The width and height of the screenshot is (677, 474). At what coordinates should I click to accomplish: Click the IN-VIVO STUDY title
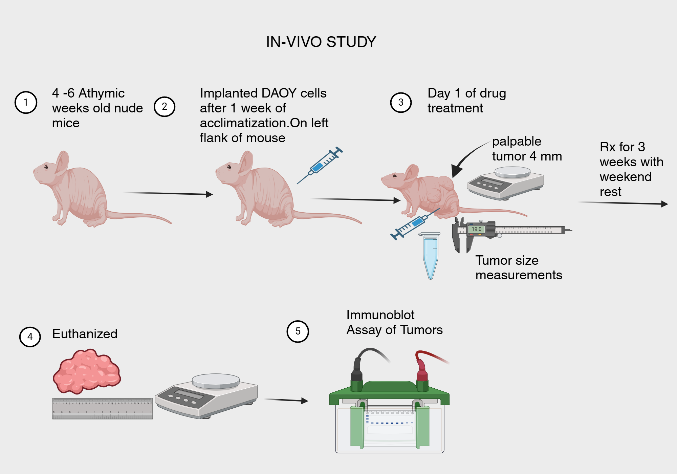(x=321, y=42)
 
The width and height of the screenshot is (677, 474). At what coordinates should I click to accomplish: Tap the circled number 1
(x=26, y=102)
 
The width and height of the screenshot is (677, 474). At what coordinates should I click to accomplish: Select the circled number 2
(x=165, y=107)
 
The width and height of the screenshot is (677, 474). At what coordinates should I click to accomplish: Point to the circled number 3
(x=401, y=102)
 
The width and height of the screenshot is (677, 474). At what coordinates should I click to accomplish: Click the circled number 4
(x=30, y=337)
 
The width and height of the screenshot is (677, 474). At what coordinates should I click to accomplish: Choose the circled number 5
(x=298, y=331)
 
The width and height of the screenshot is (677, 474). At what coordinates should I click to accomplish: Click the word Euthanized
(x=85, y=334)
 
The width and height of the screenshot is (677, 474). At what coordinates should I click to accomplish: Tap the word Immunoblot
(x=380, y=315)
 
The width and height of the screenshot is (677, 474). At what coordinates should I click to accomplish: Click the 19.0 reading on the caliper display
(x=476, y=229)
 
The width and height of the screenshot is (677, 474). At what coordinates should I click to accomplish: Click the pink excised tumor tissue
(x=87, y=371)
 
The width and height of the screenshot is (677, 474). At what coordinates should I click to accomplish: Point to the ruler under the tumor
(x=102, y=408)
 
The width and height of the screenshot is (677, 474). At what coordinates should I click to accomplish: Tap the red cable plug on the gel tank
(x=421, y=372)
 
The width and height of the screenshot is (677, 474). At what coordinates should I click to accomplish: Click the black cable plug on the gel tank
(x=357, y=372)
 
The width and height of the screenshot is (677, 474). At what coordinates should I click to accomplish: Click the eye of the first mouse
(x=46, y=167)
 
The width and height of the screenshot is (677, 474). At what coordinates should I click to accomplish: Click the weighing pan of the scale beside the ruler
(x=216, y=381)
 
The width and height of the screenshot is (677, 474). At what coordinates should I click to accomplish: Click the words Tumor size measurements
(x=518, y=267)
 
